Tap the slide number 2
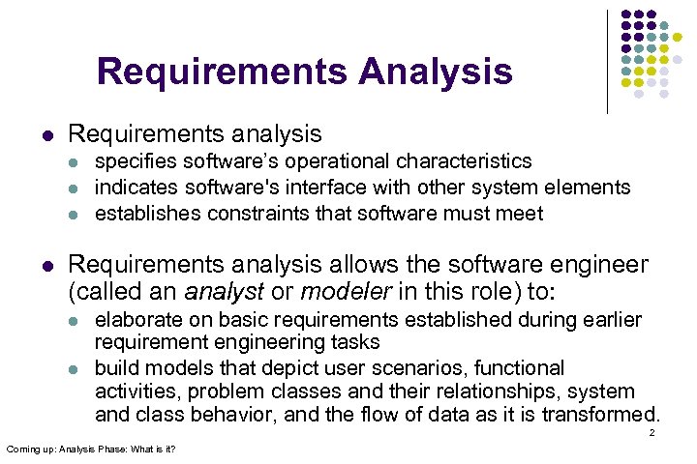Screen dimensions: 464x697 652,432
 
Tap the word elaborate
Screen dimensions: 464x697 137,320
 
